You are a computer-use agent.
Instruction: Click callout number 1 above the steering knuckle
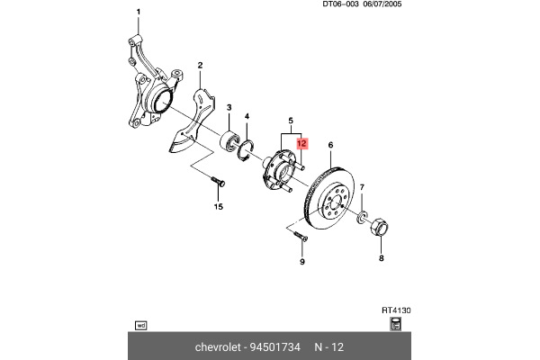139,11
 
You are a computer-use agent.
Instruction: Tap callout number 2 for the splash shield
200,65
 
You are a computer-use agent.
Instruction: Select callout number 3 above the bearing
229,107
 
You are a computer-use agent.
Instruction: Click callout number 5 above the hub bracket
290,121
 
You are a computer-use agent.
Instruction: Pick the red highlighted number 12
302,143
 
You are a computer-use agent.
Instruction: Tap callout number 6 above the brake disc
330,145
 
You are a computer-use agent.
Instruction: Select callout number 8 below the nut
380,258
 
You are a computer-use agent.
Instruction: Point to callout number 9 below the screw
302,262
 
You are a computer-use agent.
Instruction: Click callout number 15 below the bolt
217,207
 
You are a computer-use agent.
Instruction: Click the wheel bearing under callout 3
232,140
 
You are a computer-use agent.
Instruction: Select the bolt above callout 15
219,183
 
